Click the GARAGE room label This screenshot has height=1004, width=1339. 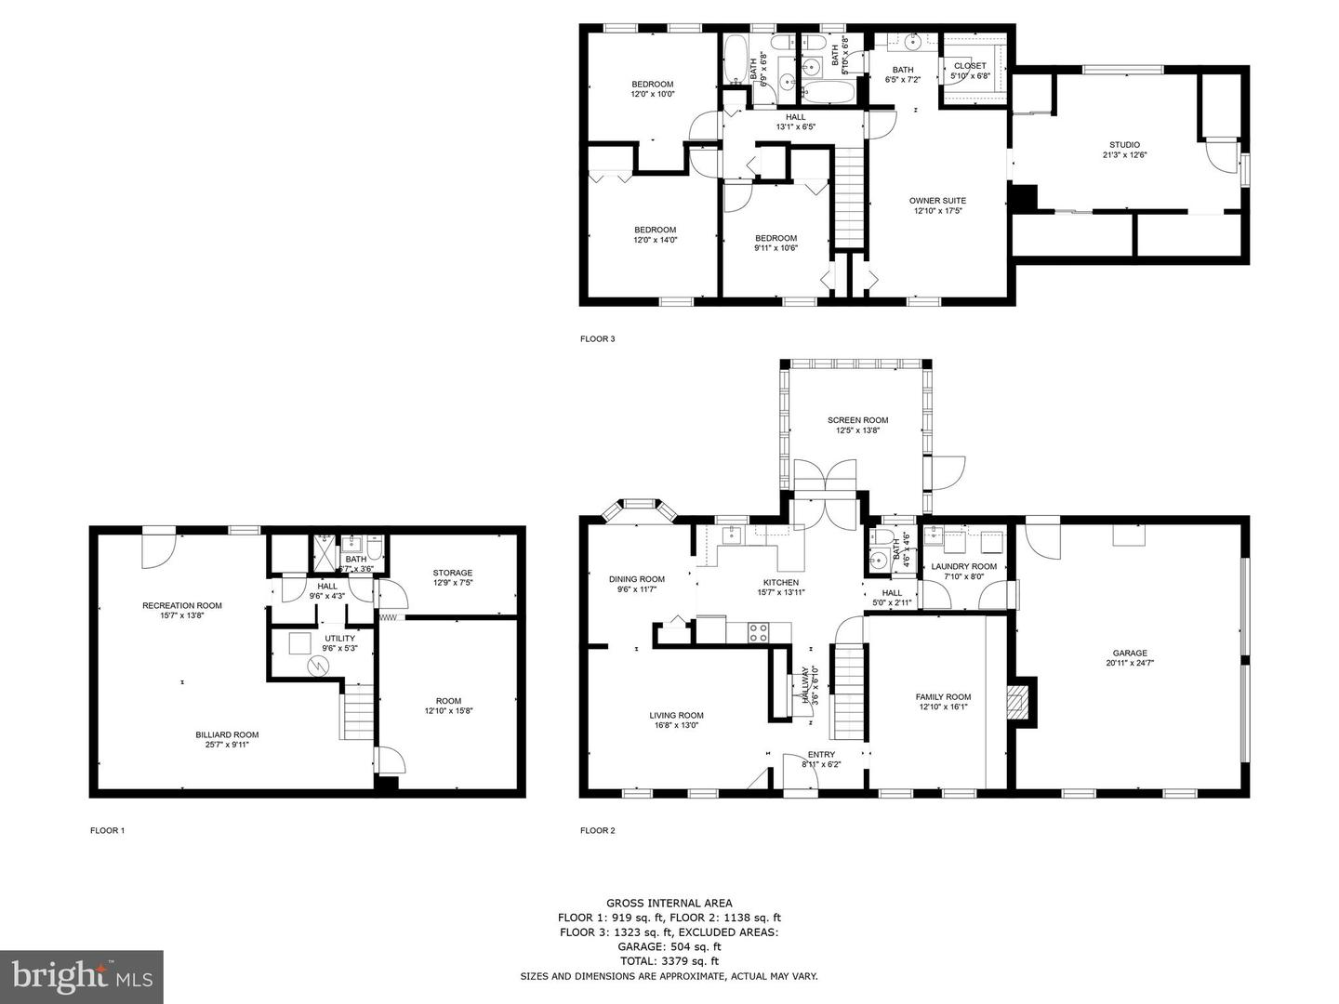(x=1130, y=653)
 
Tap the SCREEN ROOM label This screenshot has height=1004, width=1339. (x=857, y=420)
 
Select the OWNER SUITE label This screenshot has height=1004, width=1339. (x=937, y=201)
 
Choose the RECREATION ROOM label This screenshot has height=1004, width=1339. (x=182, y=605)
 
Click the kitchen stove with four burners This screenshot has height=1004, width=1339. (x=759, y=632)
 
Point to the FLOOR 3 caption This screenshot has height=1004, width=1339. (x=597, y=339)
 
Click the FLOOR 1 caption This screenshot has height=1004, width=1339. (x=107, y=830)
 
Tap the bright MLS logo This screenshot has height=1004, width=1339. (x=82, y=976)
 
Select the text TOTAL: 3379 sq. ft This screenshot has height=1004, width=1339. (x=669, y=961)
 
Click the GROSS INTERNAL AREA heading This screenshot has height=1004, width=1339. (x=669, y=903)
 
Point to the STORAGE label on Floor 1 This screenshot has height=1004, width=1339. (x=453, y=573)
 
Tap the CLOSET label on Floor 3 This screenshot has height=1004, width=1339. (x=970, y=66)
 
